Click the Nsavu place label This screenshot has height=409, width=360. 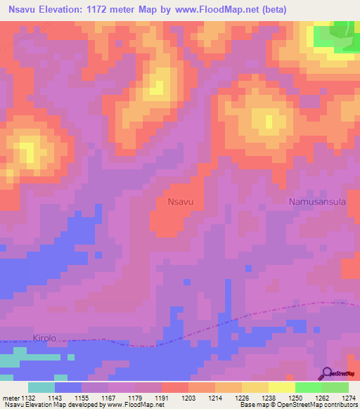point(181,202)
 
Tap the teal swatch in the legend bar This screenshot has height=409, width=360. point(41,387)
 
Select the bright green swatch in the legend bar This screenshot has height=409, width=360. point(308,387)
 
